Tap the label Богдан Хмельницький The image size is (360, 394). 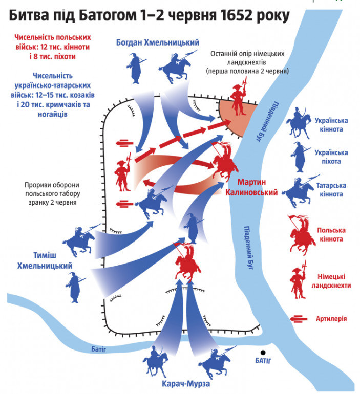point(158,42)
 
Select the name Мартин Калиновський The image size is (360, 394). point(251,187)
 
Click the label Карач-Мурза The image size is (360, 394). point(186,384)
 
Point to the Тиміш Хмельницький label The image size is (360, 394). point(45,260)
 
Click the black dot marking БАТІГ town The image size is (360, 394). point(263,353)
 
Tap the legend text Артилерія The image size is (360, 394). point(331,319)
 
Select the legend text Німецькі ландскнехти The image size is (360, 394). point(331,281)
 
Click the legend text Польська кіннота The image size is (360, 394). point(331,234)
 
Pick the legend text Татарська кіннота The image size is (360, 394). point(331,190)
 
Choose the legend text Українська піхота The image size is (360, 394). point(331,157)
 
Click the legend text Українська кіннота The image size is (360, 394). point(331,125)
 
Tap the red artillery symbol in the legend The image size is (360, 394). point(299,319)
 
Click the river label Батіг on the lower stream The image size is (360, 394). point(98,349)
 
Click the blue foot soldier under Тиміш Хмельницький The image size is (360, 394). point(75,287)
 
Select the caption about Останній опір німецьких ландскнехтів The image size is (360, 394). point(247,62)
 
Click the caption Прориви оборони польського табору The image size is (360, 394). point(52,194)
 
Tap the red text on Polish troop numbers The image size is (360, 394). point(53,47)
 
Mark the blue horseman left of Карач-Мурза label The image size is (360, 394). point(156,361)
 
